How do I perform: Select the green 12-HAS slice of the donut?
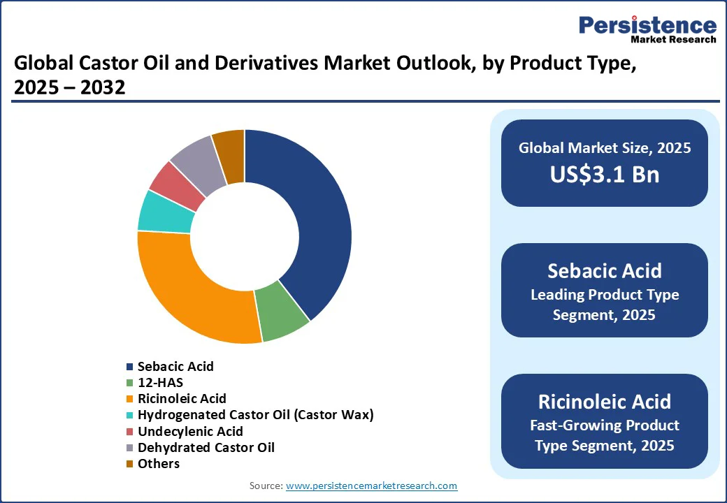tap(280, 313)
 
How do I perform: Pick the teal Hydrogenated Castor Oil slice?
tap(164, 212)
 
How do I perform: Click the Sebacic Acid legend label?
tap(175, 366)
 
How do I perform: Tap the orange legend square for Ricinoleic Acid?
tap(130, 399)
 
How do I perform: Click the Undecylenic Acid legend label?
tap(190, 431)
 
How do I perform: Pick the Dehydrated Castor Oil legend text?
tap(206, 447)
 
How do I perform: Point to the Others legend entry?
tap(153, 464)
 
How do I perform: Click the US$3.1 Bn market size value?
tap(605, 174)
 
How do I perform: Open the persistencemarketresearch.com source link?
tap(371, 486)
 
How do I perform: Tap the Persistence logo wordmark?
tap(648, 25)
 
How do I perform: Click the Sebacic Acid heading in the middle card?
tap(605, 271)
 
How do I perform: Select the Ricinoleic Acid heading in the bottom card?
tap(605, 402)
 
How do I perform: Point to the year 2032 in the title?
tap(103, 87)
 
